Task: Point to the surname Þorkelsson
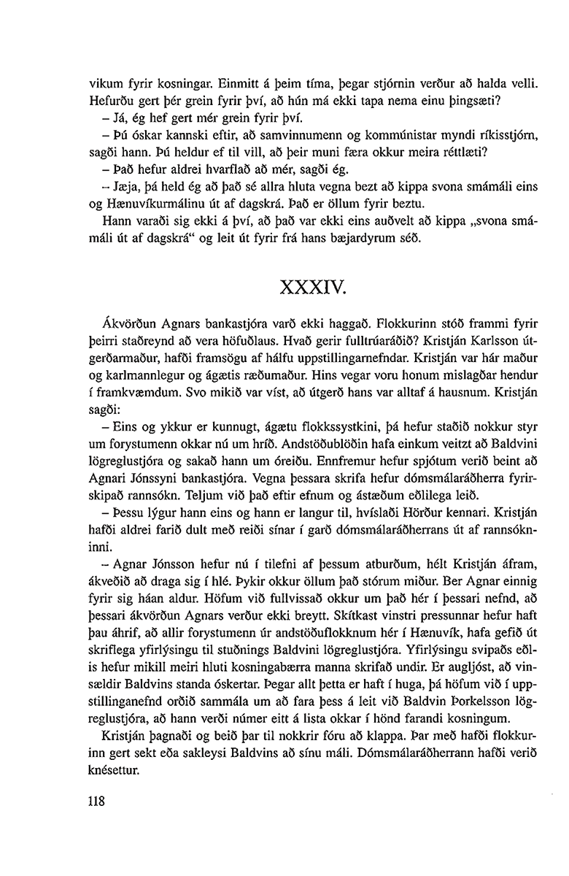coord(434,720)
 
